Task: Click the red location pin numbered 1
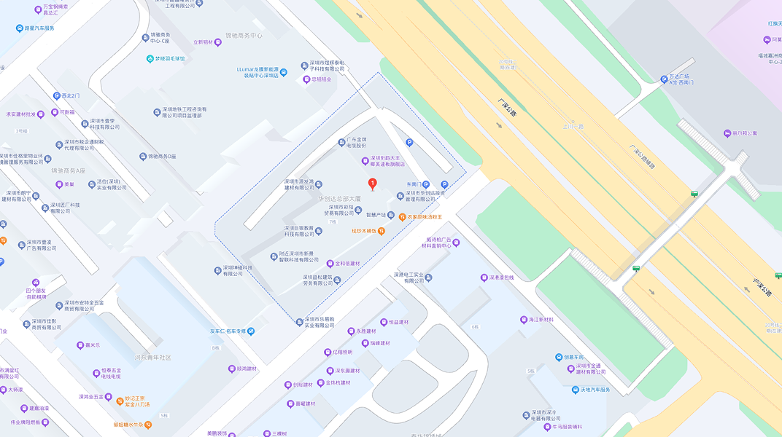373,184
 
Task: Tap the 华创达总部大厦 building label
339,198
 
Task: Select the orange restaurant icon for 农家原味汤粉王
402,217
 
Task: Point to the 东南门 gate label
414,184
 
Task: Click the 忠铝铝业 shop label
322,79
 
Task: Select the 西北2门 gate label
71,95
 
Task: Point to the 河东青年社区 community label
153,358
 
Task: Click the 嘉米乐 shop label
92,345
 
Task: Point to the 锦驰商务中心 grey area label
244,35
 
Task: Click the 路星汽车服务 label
39,28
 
